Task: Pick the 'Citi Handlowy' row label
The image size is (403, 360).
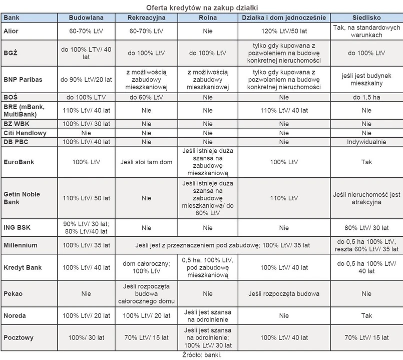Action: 25,133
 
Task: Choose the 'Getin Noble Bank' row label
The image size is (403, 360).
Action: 22,198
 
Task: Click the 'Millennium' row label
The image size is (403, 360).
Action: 21,245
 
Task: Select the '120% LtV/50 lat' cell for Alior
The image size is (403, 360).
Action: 284,31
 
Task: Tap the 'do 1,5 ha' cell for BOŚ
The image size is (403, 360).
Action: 366,97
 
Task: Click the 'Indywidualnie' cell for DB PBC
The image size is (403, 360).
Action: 366,142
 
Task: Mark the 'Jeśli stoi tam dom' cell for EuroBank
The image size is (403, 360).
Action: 146,162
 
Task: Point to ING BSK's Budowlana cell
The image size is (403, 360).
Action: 86,227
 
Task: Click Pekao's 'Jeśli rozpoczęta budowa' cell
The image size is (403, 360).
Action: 284,294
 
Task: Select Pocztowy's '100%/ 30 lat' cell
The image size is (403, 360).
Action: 86,337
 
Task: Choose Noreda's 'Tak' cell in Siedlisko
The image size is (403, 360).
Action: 366,316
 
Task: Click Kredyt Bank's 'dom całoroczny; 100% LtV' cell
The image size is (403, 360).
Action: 146,267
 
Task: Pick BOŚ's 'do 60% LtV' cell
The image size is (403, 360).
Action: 146,97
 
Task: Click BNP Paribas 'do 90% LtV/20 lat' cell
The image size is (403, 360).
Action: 86,79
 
